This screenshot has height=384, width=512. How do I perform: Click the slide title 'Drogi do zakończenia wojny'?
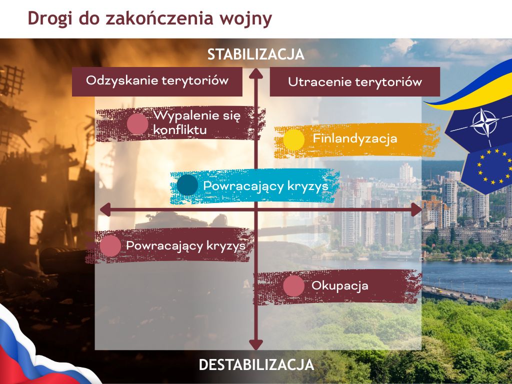coord(150,18)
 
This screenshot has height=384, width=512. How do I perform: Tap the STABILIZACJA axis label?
coord(256,54)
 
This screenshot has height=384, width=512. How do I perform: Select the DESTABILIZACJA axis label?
coord(256,364)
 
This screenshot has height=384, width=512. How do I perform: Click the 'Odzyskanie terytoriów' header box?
coord(157,81)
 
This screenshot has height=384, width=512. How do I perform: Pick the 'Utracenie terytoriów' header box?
coord(355,81)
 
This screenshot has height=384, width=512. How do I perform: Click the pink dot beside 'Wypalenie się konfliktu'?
coord(137,124)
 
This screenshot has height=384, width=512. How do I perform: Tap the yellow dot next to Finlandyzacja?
coord(294,140)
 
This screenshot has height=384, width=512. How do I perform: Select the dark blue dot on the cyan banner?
coord(187,185)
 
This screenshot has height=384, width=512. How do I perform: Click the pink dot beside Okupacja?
coord(294,286)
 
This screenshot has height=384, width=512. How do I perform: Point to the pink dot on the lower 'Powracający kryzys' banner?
coord(110,246)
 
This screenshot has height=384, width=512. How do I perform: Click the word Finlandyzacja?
coord(355,138)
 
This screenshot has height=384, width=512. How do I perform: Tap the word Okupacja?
coord(340,285)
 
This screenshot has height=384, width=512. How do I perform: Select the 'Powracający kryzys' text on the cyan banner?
coord(266,186)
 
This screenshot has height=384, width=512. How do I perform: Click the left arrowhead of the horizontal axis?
coord(105,209)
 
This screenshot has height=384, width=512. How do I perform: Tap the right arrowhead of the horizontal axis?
coord(416,209)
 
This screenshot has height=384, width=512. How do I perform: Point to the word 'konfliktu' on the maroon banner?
coord(180,130)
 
